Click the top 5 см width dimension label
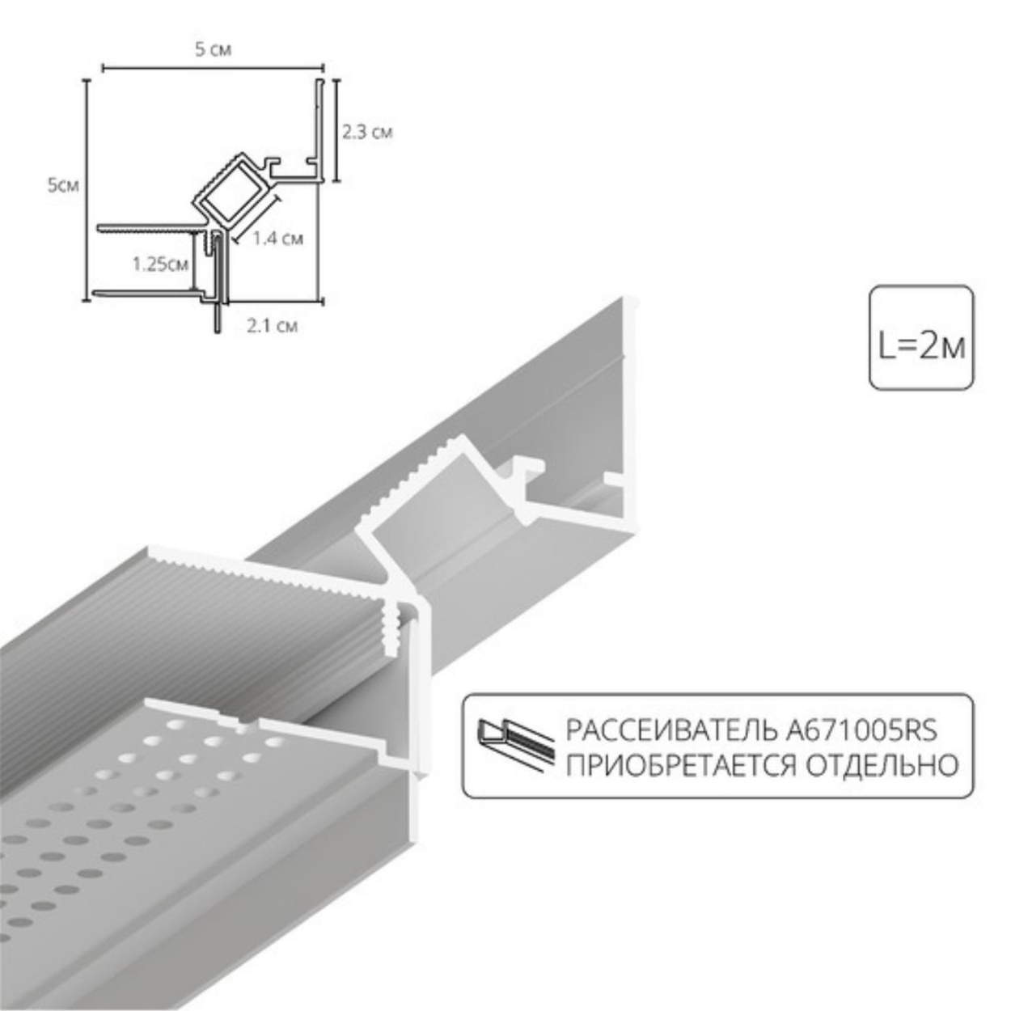click(213, 50)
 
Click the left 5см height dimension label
click(63, 185)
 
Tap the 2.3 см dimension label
click(367, 132)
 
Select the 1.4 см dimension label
click(277, 238)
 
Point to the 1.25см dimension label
click(160, 264)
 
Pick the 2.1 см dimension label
click(271, 326)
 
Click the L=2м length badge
click(921, 338)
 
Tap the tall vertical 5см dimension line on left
click(87, 191)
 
